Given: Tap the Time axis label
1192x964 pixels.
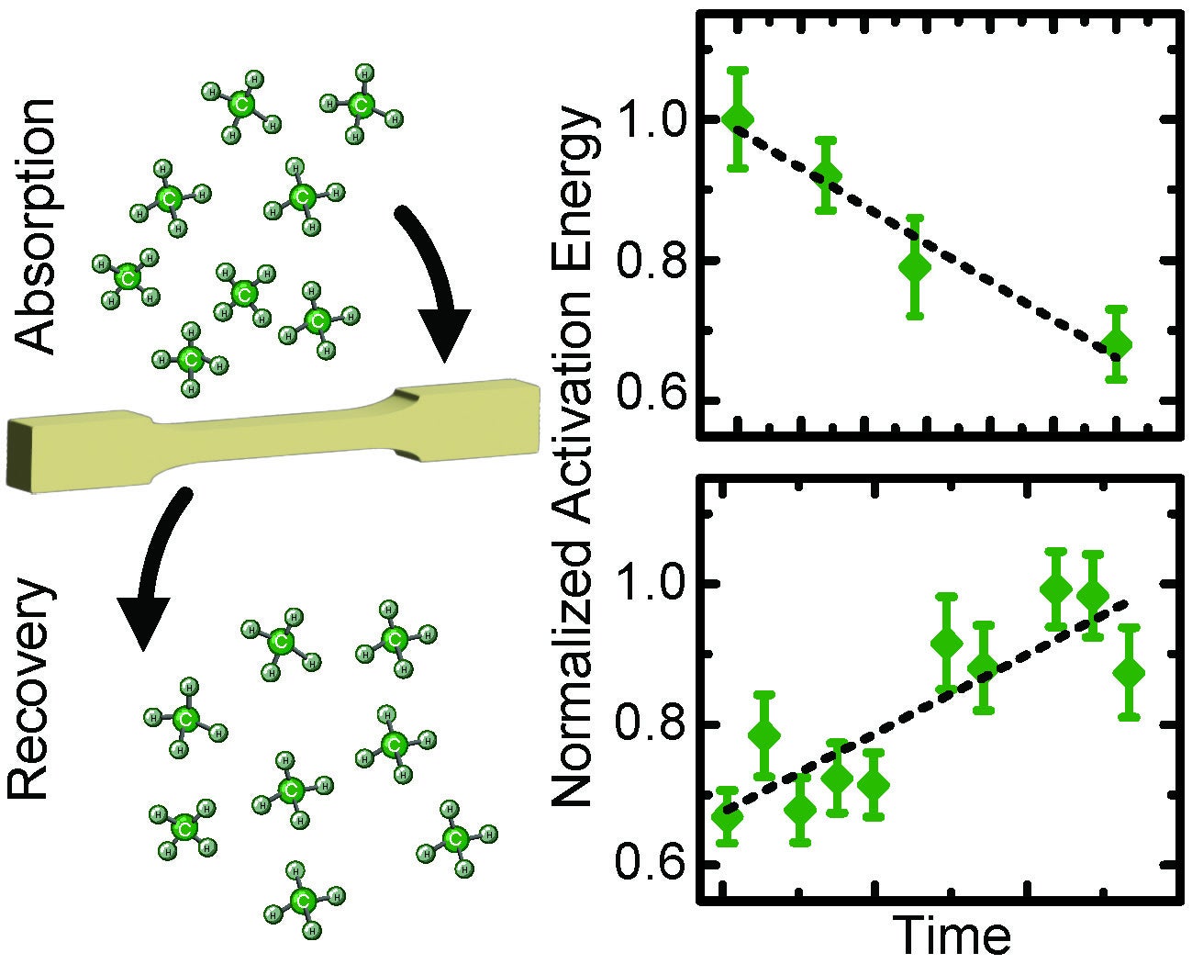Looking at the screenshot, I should pos(952,936).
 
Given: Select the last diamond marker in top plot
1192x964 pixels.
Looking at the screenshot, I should pos(1116,345).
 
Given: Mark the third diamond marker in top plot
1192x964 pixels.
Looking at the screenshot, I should pos(914,267).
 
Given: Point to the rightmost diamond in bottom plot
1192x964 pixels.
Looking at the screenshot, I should pos(1129,673).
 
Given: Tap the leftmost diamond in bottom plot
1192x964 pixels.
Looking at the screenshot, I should pos(727,815).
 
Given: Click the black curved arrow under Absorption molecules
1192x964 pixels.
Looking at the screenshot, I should pos(435,285).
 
